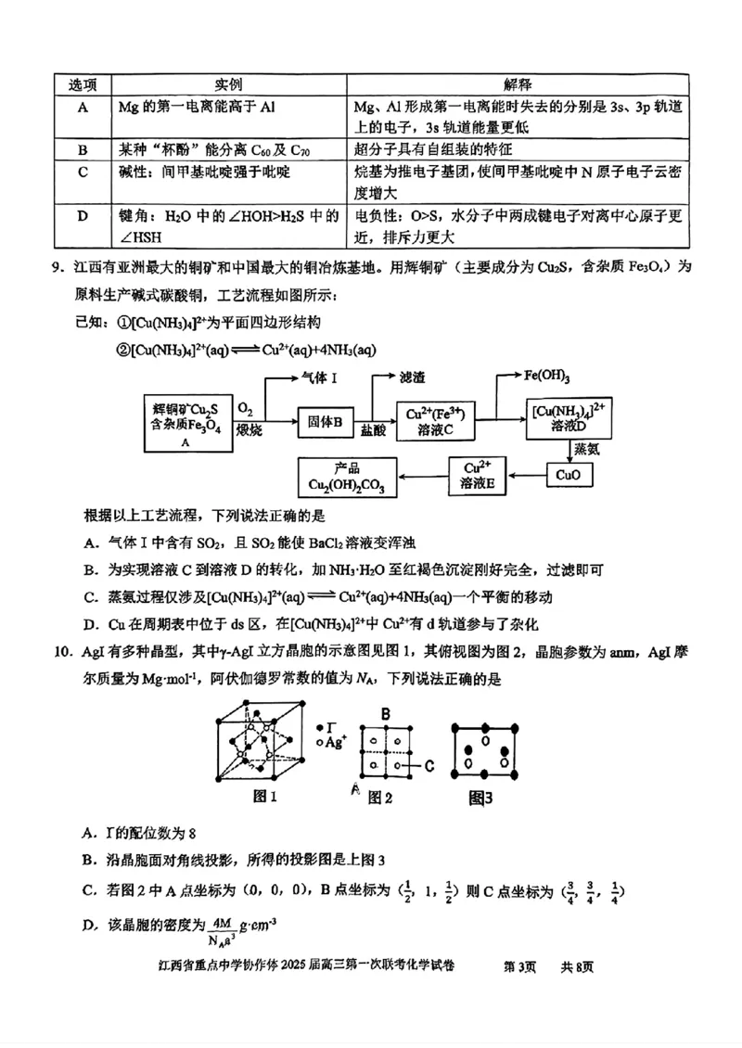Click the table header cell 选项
pos(83,84)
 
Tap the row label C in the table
pos(83,172)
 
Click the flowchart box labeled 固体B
pos(326,422)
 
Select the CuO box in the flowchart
pos(567,474)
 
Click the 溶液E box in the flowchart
pos(477,475)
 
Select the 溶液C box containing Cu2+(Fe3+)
pos(434,422)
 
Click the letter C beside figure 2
pos(429,766)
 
